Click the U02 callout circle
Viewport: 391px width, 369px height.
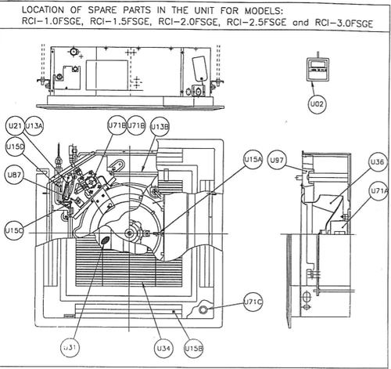pyautogui.click(x=317, y=104)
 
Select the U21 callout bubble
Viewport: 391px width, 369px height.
pyautogui.click(x=15, y=125)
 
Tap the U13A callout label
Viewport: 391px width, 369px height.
pyautogui.click(x=34, y=126)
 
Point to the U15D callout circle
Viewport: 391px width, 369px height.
pyautogui.click(x=15, y=147)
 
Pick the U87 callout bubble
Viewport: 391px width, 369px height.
pyautogui.click(x=14, y=175)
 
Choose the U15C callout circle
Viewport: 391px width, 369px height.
pyautogui.click(x=14, y=230)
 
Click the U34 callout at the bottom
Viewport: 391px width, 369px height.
pyautogui.click(x=163, y=348)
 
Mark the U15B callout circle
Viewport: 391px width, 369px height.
pyautogui.click(x=194, y=348)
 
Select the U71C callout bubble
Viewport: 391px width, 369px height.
pyautogui.click(x=253, y=302)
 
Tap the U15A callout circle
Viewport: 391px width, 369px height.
pyautogui.click(x=253, y=159)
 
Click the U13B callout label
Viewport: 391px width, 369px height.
pyautogui.click(x=160, y=127)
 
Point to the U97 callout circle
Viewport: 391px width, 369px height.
pyautogui.click(x=277, y=160)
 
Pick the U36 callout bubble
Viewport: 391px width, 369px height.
pyautogui.click(x=378, y=162)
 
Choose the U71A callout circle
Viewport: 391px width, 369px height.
pyautogui.click(x=379, y=191)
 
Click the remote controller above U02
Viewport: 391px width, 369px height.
pyautogui.click(x=317, y=69)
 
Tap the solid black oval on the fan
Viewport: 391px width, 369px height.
pyautogui.click(x=105, y=240)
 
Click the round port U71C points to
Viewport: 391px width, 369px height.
pyautogui.click(x=203, y=309)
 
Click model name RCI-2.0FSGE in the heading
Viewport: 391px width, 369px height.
pyautogui.click(x=188, y=22)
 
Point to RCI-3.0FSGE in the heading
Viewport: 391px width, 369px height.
pyautogui.click(x=344, y=23)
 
